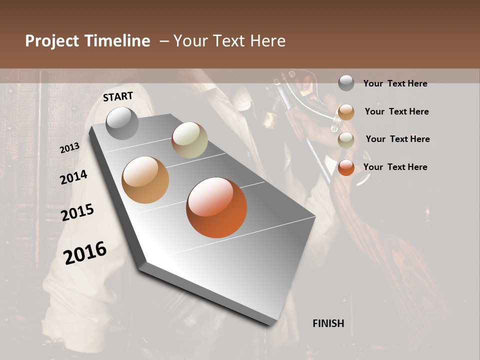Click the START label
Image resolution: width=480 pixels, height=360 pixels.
tap(118, 96)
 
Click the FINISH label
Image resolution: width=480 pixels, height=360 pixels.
tap(328, 323)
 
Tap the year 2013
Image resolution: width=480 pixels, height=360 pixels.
tap(69, 147)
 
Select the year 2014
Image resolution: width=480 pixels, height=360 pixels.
tap(73, 177)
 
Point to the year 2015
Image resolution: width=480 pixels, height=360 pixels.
tap(77, 212)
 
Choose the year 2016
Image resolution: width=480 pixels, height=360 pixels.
tap(85, 252)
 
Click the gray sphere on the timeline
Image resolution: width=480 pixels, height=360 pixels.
tap(122, 123)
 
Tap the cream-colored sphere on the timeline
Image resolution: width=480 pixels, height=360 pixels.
tap(189, 140)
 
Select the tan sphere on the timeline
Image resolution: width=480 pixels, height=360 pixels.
tap(145, 180)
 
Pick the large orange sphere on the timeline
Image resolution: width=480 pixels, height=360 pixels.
tap(216, 207)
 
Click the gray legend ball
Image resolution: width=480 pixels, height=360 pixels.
tap(346, 83)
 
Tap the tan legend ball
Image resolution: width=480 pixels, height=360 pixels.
tap(346, 112)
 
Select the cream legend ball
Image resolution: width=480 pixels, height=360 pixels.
tap(346, 140)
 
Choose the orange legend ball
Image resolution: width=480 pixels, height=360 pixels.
tap(346, 167)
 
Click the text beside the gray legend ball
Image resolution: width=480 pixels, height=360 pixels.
tap(395, 83)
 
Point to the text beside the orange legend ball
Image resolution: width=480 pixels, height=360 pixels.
tap(395, 167)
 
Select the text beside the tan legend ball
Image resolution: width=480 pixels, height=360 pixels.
tap(396, 111)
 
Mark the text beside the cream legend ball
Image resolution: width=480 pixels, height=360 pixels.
tap(397, 139)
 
